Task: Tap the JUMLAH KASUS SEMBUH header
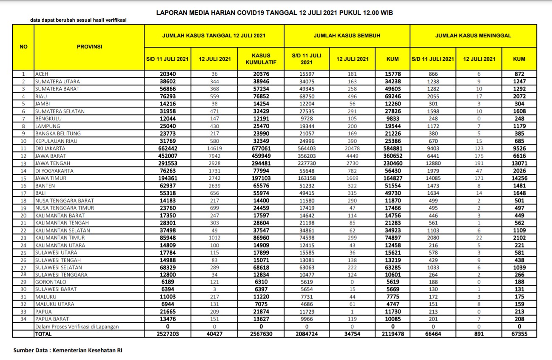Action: [347, 36]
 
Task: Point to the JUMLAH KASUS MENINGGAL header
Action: [473, 36]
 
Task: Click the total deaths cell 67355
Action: [519, 334]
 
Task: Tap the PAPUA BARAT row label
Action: [51, 319]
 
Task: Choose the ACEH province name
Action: [42, 74]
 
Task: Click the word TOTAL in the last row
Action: [43, 334]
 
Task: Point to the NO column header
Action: [23, 47]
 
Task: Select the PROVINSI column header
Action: [89, 47]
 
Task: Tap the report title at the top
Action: [274, 13]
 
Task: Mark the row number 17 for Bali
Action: [24, 193]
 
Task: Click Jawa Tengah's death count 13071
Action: [519, 164]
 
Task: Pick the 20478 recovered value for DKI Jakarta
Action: [352, 149]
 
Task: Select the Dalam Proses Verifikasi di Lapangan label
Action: [77, 327]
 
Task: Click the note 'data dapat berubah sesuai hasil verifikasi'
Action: [78, 20]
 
